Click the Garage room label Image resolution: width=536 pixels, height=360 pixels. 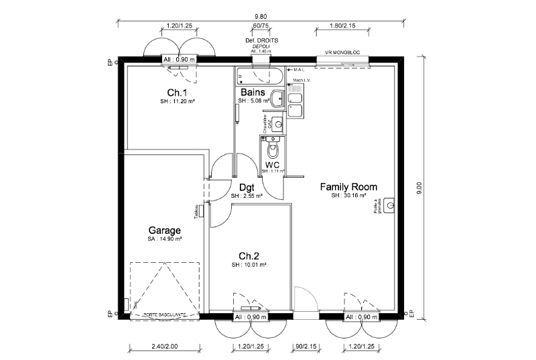165,230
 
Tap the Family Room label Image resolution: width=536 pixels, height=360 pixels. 348,187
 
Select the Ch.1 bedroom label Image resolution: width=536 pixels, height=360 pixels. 177,93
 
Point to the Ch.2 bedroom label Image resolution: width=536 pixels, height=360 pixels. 249,256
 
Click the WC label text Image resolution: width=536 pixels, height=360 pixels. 272,164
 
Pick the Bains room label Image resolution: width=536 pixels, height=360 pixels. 253,93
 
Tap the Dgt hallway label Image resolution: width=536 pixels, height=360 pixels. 245,188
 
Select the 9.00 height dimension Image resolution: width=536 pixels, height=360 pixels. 419,188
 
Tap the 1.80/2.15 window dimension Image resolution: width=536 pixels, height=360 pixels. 342,26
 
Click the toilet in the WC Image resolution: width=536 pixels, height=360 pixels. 273,147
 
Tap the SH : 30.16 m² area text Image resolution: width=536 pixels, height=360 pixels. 348,196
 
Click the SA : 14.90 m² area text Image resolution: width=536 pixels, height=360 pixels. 165,239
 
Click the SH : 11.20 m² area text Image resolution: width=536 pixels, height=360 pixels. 177,101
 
